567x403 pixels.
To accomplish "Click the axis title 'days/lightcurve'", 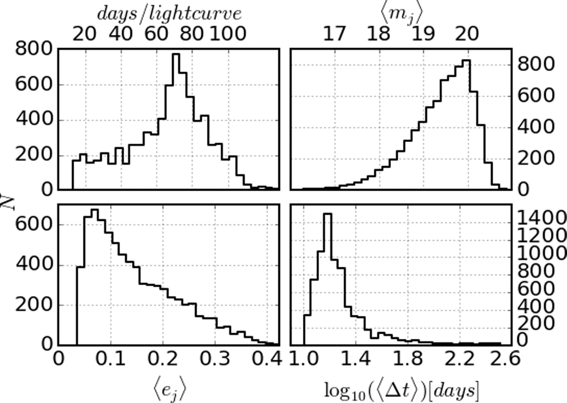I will [169, 13].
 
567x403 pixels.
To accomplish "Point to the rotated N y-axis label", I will [7, 200].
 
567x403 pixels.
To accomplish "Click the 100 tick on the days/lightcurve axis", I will [227, 34].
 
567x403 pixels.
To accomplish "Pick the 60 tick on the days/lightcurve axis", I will [157, 34].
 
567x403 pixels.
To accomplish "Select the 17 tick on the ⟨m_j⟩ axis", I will [334, 34].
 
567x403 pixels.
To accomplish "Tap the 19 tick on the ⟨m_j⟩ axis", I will [423, 34].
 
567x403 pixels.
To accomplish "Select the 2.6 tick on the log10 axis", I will [506, 359].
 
